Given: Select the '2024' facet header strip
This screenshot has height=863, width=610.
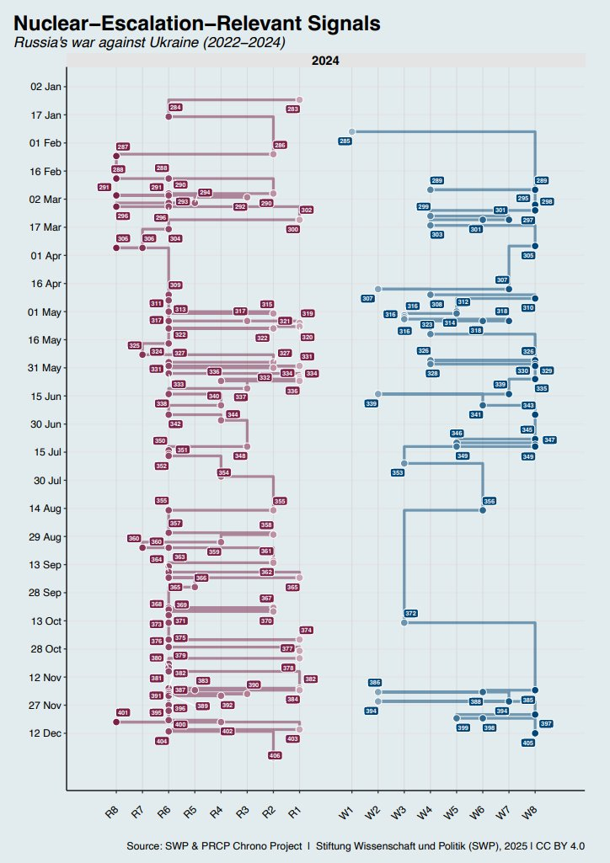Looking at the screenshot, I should (x=325, y=61).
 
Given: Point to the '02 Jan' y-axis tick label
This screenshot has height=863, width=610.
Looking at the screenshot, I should (x=45, y=87).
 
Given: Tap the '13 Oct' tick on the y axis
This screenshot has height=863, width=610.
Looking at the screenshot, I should (x=45, y=621).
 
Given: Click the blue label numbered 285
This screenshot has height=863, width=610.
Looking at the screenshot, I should (x=345, y=141).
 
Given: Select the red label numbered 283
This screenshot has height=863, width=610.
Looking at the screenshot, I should (x=293, y=109).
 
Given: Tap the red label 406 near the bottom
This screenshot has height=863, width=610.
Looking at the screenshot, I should (x=275, y=755).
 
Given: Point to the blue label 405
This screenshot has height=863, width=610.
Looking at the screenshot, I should (x=528, y=743).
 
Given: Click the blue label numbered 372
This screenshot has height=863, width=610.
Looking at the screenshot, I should (x=411, y=613).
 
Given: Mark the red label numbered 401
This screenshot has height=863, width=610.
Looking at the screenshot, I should (x=123, y=713).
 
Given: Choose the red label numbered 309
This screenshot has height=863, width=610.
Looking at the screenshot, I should (x=176, y=285).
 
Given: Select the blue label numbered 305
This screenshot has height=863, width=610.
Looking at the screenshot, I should (x=528, y=255).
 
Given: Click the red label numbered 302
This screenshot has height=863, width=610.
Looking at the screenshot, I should (x=307, y=210).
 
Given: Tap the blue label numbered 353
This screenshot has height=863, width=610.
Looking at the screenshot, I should (x=398, y=473).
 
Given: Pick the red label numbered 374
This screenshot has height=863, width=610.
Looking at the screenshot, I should (x=307, y=630).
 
